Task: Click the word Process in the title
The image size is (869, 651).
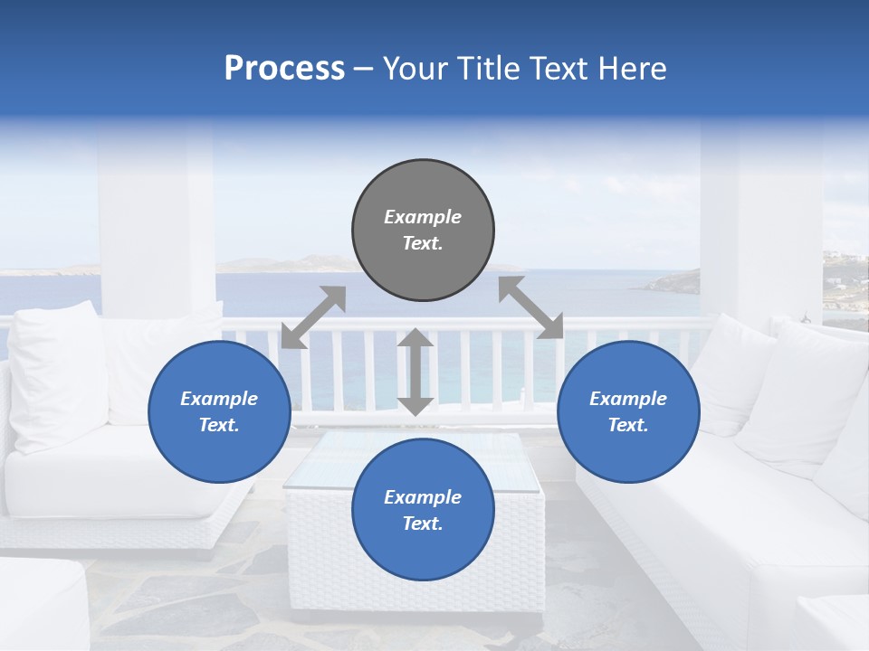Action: [284, 69]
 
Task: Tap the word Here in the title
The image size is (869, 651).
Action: [632, 69]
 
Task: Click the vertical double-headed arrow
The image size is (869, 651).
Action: [415, 372]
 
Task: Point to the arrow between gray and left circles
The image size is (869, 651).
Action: [313, 316]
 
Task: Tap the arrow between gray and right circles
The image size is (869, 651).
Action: [530, 307]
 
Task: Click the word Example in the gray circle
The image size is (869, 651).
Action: [423, 217]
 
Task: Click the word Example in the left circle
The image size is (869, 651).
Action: [219, 399]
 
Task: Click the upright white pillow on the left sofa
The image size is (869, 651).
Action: [56, 375]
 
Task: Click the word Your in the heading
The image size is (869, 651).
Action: [412, 69]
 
